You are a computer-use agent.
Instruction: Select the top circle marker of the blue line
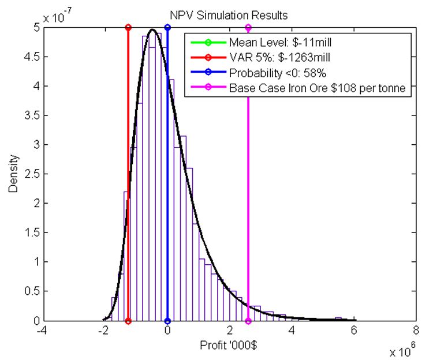pos(167,27)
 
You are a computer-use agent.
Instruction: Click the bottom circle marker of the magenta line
pos(248,321)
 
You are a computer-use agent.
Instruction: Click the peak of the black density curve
pos(152,30)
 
